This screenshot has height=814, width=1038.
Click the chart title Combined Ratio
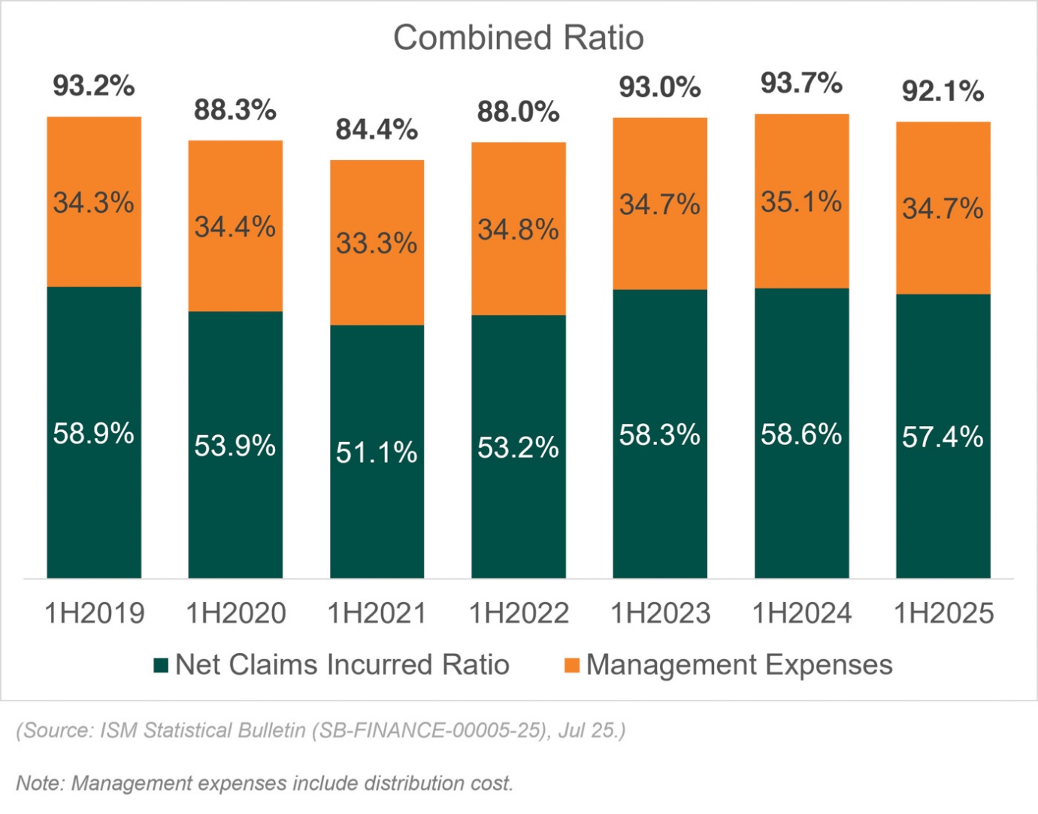(519, 38)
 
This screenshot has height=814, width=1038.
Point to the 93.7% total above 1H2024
(801, 83)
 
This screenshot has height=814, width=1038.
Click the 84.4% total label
(377, 129)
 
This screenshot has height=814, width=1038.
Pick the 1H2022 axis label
(519, 613)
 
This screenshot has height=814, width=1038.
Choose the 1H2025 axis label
(943, 613)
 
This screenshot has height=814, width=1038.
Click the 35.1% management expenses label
(801, 201)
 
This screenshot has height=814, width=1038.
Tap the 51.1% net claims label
(377, 452)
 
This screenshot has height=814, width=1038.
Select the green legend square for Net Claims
(161, 665)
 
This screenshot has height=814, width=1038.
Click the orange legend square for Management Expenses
(572, 665)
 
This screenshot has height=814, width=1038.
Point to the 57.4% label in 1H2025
(943, 437)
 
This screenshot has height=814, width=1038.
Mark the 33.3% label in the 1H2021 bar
(377, 243)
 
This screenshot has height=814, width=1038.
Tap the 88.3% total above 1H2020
(235, 110)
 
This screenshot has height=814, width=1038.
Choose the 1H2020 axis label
(236, 613)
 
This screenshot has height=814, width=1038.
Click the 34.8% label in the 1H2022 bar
(518, 229)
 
